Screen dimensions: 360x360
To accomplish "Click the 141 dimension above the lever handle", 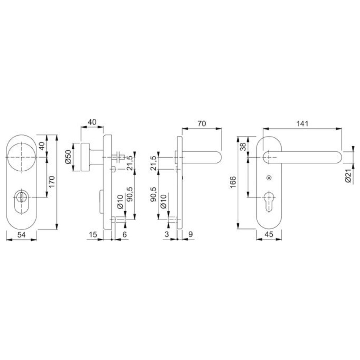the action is (302, 124).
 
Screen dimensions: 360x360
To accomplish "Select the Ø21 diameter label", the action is (348, 176).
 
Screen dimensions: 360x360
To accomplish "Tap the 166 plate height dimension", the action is (233, 182).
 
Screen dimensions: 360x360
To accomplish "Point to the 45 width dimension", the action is (269, 234).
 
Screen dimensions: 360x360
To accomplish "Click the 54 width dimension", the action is (21, 235).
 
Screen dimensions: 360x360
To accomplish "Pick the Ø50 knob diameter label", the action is (68, 157).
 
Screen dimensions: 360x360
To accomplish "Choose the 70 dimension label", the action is (202, 123).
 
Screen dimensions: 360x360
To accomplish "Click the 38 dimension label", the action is (243, 147).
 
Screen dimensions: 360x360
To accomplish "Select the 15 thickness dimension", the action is (93, 234).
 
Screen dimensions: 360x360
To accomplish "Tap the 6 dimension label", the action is (125, 234).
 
